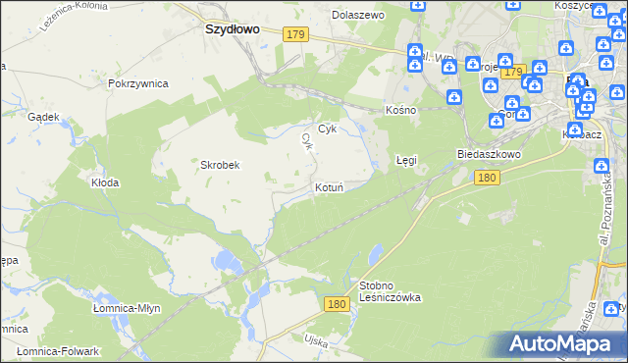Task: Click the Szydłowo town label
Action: (232, 29)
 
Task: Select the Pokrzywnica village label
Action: (138, 84)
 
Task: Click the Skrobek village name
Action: (221, 165)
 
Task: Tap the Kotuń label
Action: (328, 186)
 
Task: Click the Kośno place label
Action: (401, 110)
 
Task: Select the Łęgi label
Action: (406, 159)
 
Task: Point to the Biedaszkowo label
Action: (489, 155)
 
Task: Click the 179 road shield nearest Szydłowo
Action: (297, 35)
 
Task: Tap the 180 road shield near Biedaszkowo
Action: (488, 178)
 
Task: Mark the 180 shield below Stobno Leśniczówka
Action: (337, 305)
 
